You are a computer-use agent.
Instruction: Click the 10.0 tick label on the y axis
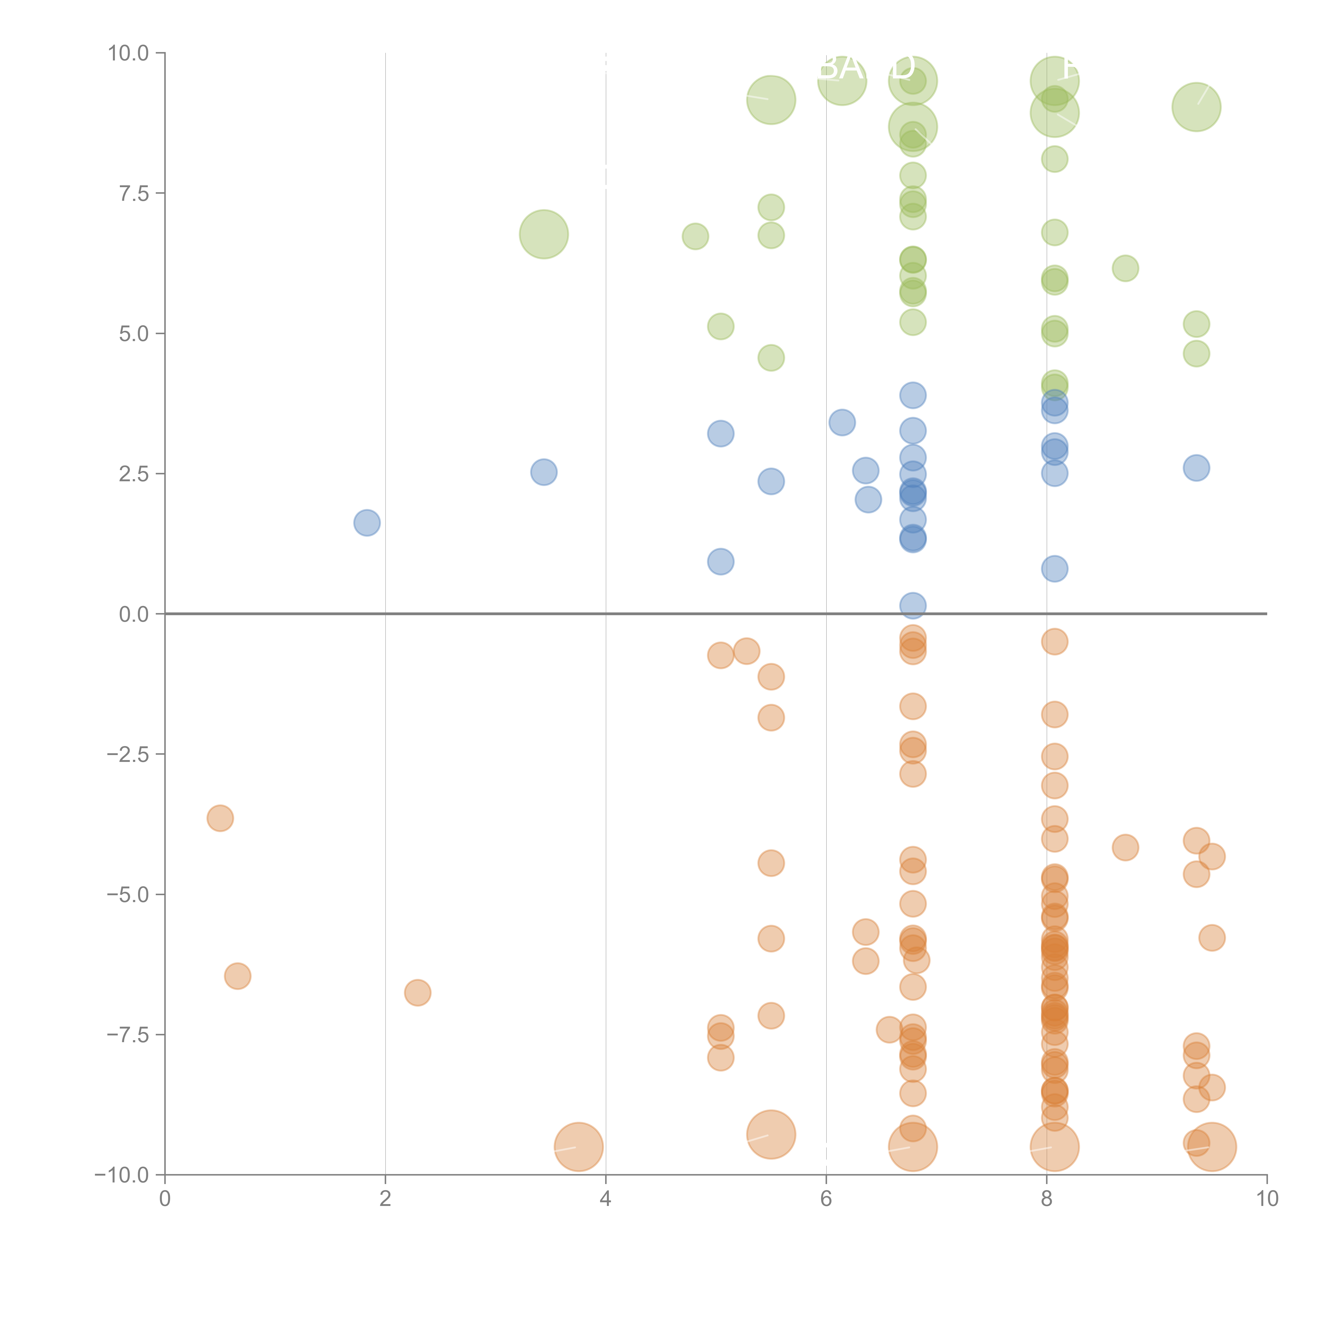pos(129,53)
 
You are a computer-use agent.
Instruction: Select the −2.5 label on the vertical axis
pos(128,754)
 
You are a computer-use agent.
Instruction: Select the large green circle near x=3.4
pos(544,234)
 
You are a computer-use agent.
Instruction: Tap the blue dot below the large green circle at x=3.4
pos(544,472)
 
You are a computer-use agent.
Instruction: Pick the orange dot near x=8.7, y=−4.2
pos(1125,848)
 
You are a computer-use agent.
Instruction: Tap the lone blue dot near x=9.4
pos(1196,468)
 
